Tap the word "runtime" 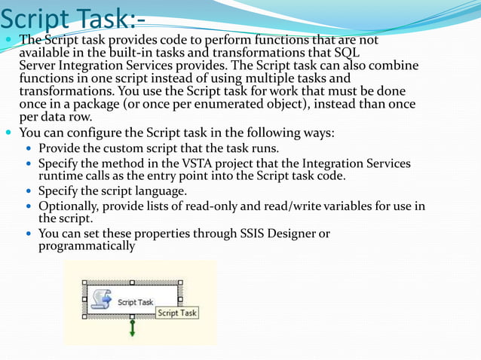coord(61,175)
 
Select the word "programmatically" coord(87,246)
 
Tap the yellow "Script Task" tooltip coord(177,313)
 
